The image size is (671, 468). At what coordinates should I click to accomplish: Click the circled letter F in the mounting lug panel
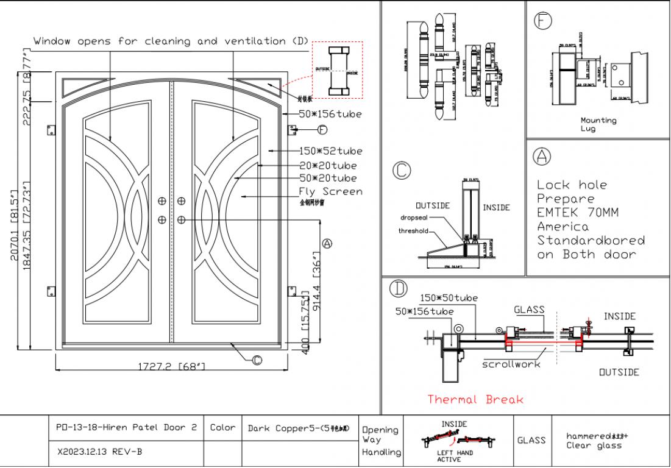(x=542, y=21)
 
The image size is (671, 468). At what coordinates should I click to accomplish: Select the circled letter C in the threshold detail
(x=402, y=171)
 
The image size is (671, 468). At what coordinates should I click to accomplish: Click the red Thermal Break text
(x=475, y=400)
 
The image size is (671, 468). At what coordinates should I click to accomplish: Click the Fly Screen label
(x=331, y=191)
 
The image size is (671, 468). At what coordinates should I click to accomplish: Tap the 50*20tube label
(x=328, y=178)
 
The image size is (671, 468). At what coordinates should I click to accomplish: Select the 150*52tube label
(x=330, y=151)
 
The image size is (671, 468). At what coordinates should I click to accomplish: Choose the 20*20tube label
(x=328, y=165)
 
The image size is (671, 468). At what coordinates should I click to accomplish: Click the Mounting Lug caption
(x=598, y=124)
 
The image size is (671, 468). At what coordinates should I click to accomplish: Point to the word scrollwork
(x=511, y=364)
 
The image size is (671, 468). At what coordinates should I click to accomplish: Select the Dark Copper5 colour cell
(x=299, y=428)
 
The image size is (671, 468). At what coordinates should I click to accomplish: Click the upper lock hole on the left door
(x=162, y=201)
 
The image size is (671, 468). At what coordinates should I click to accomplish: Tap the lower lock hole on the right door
(x=182, y=219)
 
